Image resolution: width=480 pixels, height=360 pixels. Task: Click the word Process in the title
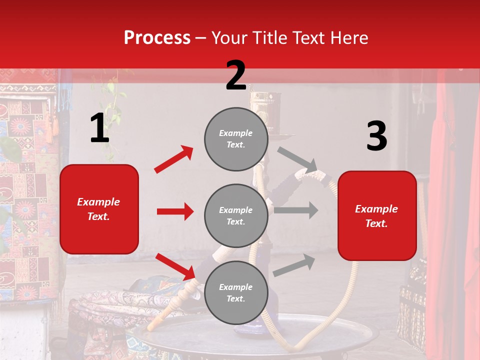(157, 37)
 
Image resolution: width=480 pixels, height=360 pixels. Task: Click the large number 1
(99, 128)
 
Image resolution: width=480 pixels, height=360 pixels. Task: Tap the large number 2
(236, 75)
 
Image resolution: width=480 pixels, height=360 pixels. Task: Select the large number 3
(376, 136)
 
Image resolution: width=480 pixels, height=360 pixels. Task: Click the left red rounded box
(99, 209)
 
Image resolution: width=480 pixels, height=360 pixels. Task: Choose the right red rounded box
(377, 216)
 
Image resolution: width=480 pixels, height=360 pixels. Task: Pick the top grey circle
(236, 139)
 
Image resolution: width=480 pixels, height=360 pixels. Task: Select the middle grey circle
(236, 215)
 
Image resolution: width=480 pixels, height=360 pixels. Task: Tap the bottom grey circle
(236, 292)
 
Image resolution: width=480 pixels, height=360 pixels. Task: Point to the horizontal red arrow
(175, 211)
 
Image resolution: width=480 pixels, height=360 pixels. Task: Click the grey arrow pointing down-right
(297, 159)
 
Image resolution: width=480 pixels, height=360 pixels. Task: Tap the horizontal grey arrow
(296, 210)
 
